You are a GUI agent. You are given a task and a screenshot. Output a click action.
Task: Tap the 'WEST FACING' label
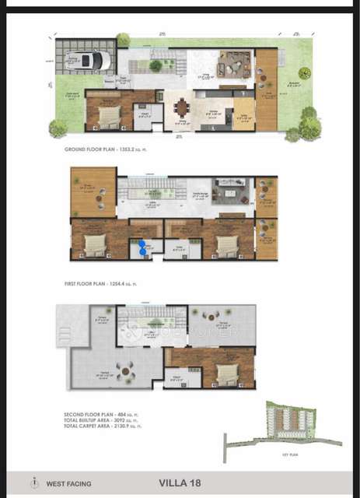click(68, 483)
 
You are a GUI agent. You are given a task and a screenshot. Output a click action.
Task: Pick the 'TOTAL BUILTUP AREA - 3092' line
click(103, 419)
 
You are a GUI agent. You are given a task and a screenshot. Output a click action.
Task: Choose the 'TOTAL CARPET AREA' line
click(104, 426)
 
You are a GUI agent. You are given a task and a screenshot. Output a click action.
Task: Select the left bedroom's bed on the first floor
click(94, 244)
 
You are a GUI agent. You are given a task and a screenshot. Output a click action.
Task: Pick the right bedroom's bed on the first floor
click(225, 244)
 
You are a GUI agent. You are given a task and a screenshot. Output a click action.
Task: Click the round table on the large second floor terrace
click(121, 368)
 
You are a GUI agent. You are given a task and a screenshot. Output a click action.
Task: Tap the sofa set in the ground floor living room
click(231, 64)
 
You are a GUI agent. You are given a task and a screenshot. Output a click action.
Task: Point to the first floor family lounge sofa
click(229, 191)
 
